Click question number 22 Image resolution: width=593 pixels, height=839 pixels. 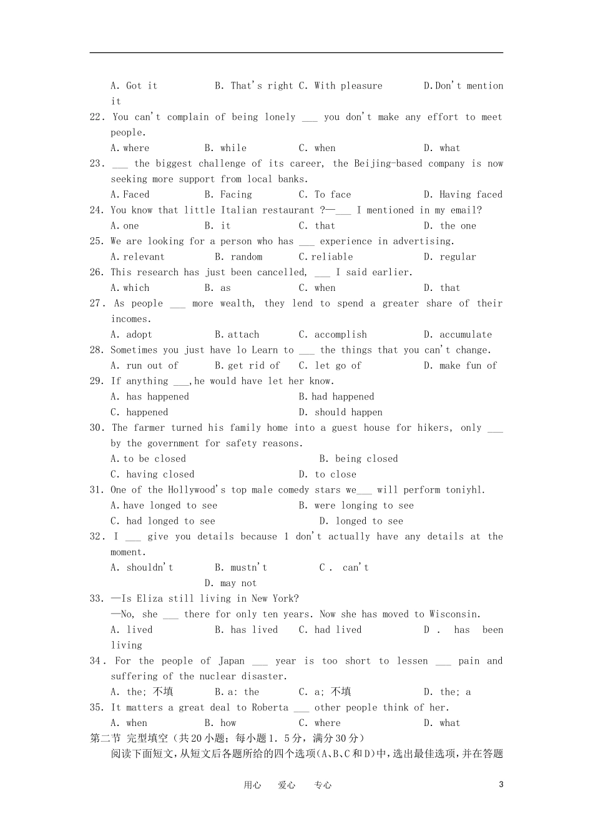point(97,117)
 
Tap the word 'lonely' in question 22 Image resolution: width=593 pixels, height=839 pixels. point(280,117)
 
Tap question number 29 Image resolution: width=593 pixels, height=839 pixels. point(97,381)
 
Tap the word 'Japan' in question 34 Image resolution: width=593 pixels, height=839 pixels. point(232,660)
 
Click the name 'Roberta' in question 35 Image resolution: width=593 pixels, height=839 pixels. point(270,707)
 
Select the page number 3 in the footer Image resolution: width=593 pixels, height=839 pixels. point(501,785)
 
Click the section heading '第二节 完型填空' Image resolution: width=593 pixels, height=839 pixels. point(130,738)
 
